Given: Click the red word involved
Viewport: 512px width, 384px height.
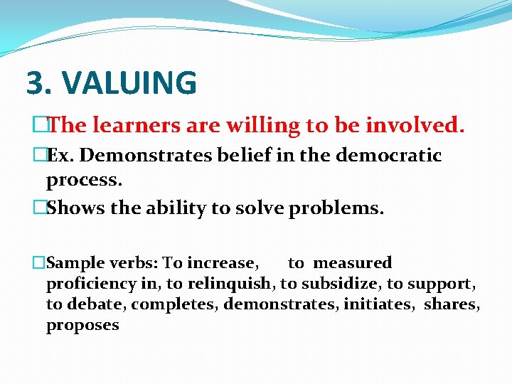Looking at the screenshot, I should click(x=415, y=126).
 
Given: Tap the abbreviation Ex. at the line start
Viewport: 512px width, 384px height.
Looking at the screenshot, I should click(x=58, y=156).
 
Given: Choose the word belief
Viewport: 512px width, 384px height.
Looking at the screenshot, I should click(x=232, y=156).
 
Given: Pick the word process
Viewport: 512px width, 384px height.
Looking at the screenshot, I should click(x=84, y=180).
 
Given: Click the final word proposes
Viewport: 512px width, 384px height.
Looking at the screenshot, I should click(x=82, y=326).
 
